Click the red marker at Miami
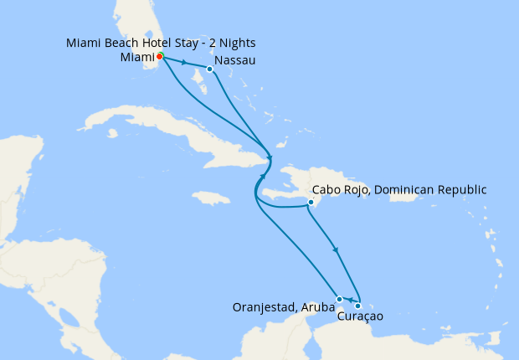click(x=159, y=57)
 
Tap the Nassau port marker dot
click(x=209, y=69)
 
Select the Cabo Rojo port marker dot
click(x=311, y=202)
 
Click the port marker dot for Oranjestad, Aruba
click(x=339, y=299)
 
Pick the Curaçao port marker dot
click(x=358, y=306)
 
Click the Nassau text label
click(x=234, y=61)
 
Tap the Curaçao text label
click(x=360, y=316)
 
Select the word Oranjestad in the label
click(x=262, y=306)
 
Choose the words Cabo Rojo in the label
click(x=339, y=190)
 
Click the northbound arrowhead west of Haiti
click(x=261, y=177)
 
